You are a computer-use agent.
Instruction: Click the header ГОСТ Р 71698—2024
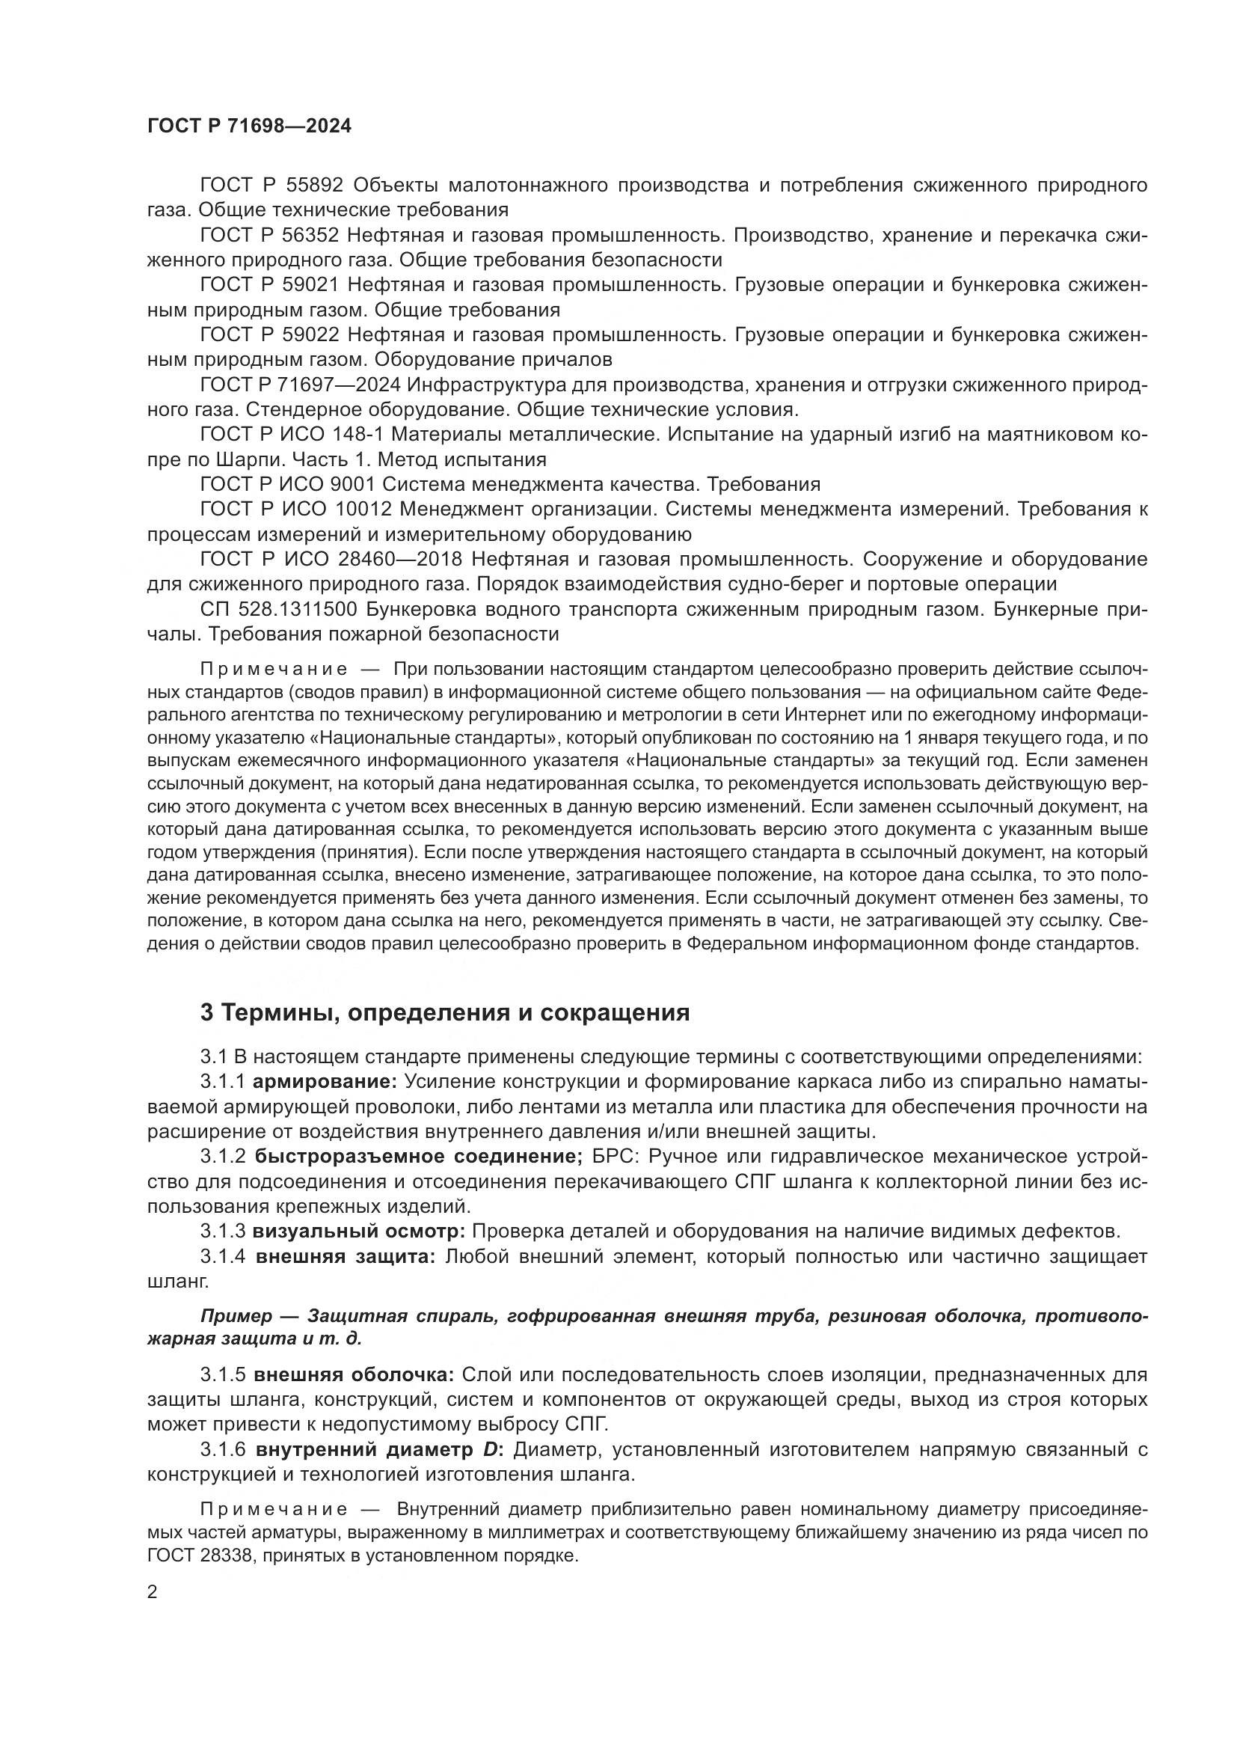(x=249, y=126)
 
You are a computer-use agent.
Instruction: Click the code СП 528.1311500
(x=270, y=610)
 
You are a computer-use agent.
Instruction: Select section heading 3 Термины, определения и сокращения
(x=445, y=1013)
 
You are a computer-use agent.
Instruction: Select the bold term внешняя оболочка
(x=354, y=1375)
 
